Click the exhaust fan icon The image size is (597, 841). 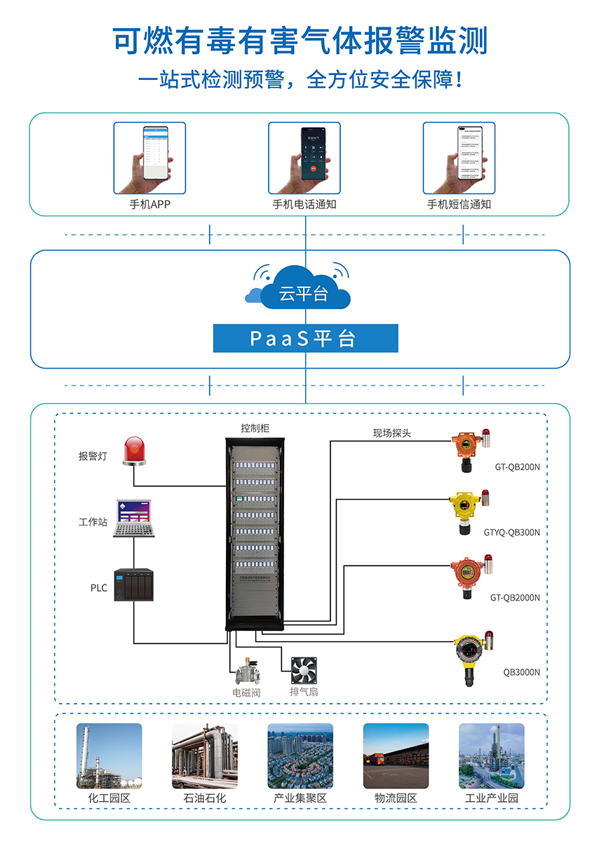(304, 671)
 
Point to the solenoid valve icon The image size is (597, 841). (247, 671)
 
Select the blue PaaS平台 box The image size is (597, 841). (305, 339)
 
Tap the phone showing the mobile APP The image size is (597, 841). (149, 158)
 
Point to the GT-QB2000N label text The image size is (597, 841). (515, 598)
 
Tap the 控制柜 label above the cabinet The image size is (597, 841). (255, 428)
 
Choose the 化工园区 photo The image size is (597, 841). (109, 756)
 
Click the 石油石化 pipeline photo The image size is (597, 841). (204, 756)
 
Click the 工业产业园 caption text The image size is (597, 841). (491, 798)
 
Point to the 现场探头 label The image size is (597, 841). (391, 433)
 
